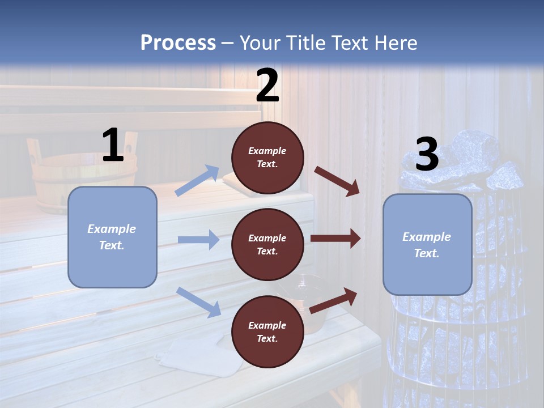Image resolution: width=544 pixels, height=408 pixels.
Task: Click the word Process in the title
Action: point(178,42)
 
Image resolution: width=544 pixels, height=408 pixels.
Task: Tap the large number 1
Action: point(113,145)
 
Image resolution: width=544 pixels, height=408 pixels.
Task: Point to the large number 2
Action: point(267,86)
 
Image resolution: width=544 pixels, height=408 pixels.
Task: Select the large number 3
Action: point(427,155)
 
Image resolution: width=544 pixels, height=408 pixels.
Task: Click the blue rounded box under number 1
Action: point(112,237)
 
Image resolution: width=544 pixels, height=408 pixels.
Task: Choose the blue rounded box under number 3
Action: point(427,244)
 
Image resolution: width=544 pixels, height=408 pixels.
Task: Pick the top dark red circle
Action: point(267,158)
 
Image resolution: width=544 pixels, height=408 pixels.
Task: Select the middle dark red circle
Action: point(267,244)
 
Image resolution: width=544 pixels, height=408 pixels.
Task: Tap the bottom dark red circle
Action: point(267,331)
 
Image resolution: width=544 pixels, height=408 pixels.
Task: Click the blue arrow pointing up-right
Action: point(197,180)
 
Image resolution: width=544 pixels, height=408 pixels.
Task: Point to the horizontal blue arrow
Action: point(198,240)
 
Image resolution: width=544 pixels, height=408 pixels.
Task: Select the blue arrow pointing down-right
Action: point(198,302)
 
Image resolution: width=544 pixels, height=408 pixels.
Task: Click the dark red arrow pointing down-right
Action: point(337,181)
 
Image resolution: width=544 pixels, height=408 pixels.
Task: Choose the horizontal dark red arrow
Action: point(335,239)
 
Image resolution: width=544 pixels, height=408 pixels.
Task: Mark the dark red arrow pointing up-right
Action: point(333,300)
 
